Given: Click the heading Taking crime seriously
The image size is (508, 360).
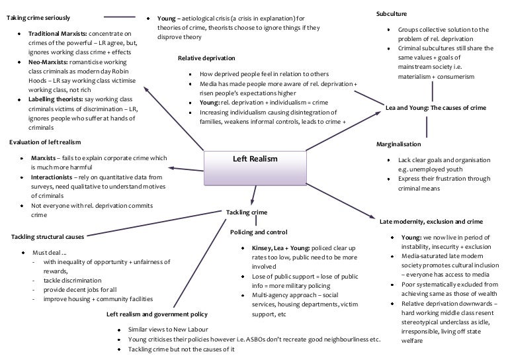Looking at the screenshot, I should (x=38, y=17).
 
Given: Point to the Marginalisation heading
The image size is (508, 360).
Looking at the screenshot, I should (x=398, y=144).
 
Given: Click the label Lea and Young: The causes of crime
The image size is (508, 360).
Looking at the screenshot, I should (x=436, y=107).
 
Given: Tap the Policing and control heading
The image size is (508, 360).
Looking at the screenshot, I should (x=259, y=232).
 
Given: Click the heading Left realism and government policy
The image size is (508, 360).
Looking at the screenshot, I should (x=157, y=314).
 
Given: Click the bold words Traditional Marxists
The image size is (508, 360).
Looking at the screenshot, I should (x=58, y=33).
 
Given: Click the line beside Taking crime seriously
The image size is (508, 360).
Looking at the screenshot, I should (x=123, y=17).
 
